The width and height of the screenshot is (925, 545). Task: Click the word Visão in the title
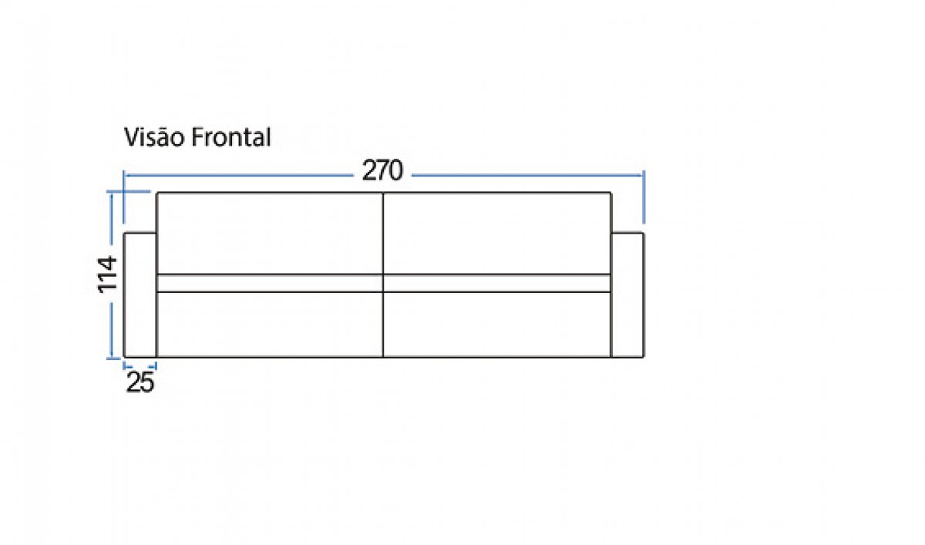tap(153, 137)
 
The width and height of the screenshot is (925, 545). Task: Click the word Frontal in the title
tap(230, 137)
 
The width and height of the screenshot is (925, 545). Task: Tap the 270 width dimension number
tap(382, 170)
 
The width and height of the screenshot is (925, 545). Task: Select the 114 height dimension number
tap(107, 274)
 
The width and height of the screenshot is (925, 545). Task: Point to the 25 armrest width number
tap(140, 382)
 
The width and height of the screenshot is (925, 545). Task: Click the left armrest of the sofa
tap(140, 294)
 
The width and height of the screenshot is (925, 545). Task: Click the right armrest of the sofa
tap(627, 294)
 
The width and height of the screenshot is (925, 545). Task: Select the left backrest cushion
tap(270, 234)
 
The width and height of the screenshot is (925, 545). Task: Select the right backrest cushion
tap(497, 234)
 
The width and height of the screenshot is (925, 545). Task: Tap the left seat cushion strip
tap(270, 283)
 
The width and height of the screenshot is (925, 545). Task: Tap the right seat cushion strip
tap(497, 283)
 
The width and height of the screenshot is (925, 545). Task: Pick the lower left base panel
tap(270, 325)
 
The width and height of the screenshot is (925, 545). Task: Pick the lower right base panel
tap(497, 325)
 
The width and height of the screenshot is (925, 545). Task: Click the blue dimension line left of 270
tap(239, 176)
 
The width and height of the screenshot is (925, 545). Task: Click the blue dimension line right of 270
tap(528, 176)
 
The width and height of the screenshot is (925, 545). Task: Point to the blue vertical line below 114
tap(111, 330)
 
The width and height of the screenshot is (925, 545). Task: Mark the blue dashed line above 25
tap(140, 365)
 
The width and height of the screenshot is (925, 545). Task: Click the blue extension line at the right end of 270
tap(644, 197)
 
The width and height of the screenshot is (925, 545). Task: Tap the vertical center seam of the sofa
tap(383, 274)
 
